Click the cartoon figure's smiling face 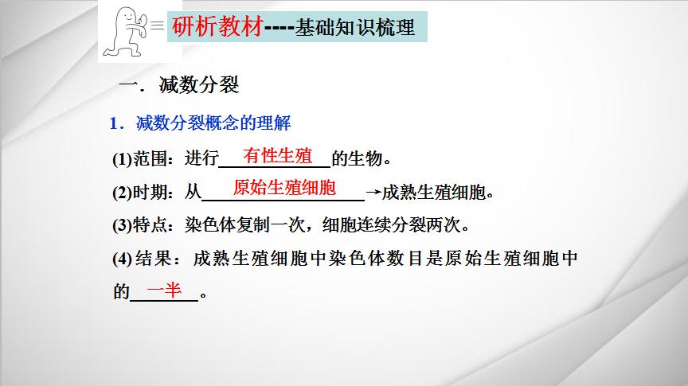[128, 16]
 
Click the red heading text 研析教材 [217, 26]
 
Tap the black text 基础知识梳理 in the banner [354, 27]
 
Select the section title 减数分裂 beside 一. [199, 84]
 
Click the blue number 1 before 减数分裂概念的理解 [114, 123]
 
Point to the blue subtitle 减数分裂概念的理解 [213, 123]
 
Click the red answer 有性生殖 [277, 156]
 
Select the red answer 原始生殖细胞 [284, 188]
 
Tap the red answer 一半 [164, 290]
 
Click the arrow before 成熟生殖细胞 [373, 192]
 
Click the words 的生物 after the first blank [358, 158]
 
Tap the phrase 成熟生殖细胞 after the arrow [433, 192]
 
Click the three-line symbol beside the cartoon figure [158, 25]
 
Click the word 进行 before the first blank [201, 158]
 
